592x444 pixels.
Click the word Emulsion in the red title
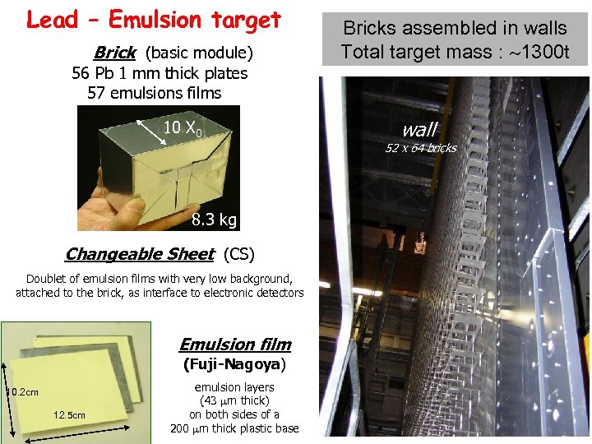point(155,19)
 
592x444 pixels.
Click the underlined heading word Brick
point(115,53)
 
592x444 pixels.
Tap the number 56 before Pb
point(81,73)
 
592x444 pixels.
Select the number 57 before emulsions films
point(96,93)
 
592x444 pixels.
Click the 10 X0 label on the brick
point(183,128)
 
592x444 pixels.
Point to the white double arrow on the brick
point(151,132)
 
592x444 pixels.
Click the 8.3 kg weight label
point(214,219)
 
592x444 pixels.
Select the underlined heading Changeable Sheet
point(140,254)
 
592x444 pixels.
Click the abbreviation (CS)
point(239,254)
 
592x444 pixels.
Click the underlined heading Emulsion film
point(235,345)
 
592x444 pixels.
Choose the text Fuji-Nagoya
point(234,364)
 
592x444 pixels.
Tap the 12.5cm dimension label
point(69,415)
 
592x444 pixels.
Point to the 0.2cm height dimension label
point(24,392)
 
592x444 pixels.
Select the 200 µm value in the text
point(190,428)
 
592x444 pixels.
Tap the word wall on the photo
point(420,130)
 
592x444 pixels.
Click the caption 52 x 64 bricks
point(421,148)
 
